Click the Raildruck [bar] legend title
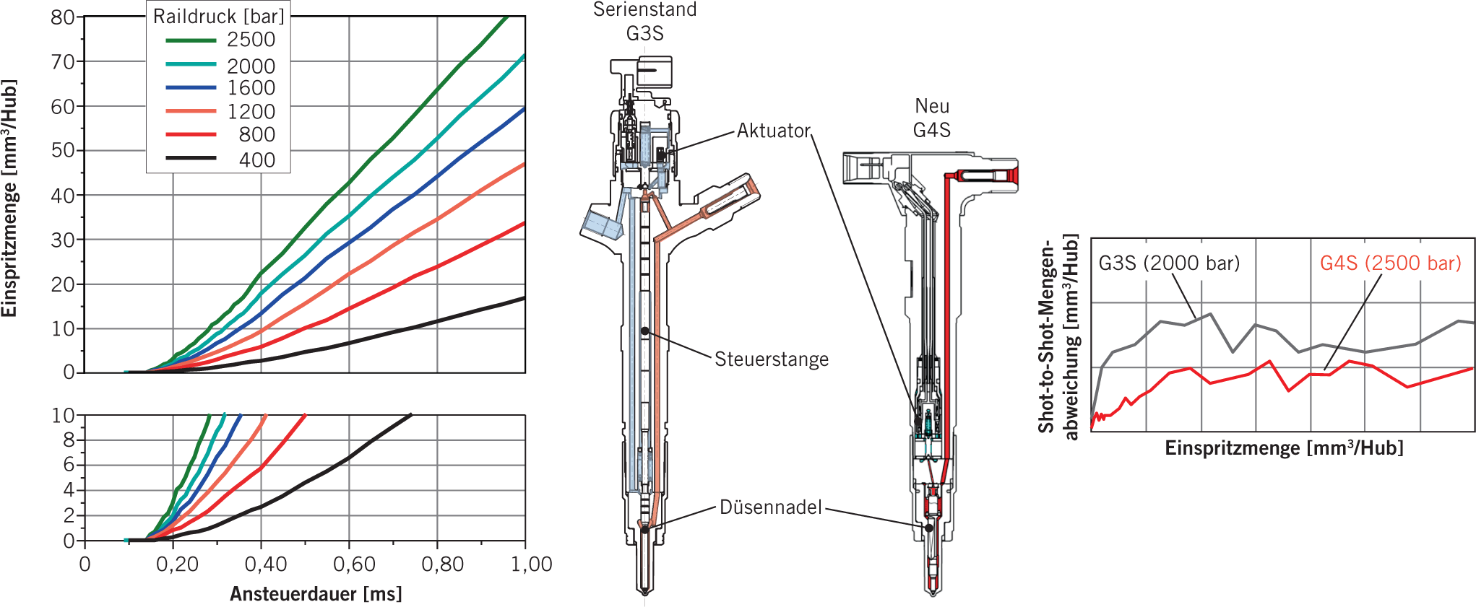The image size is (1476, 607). point(218,16)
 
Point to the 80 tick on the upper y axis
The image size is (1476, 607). point(63,17)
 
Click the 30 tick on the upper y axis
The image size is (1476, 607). point(63,240)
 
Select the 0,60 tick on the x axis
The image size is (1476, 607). point(354,564)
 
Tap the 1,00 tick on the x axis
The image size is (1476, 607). point(531,564)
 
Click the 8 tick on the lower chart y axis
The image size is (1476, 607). point(69,440)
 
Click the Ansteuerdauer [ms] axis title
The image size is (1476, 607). point(316,594)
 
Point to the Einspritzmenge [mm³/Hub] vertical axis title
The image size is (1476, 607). point(9,198)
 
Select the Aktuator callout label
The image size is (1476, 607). point(774,131)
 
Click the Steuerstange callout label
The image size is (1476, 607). point(772,359)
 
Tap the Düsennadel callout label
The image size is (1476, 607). point(770,507)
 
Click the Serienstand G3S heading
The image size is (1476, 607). point(644,22)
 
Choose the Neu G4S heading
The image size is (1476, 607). point(932,118)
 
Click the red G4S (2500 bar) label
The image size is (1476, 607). point(1390,263)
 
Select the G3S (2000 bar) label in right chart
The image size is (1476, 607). point(1169,263)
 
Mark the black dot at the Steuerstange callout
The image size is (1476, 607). point(644,331)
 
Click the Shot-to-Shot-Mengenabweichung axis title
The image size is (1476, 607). point(1058,338)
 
